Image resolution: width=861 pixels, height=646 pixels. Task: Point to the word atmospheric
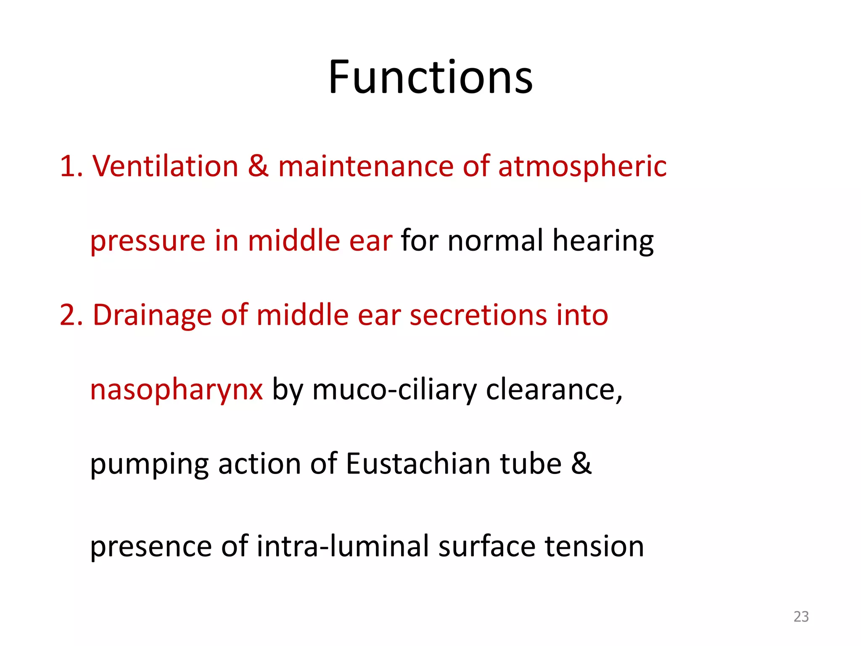pyautogui.click(x=582, y=167)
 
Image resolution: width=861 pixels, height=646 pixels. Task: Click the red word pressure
pyautogui.click(x=148, y=241)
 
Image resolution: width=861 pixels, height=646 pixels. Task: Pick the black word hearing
pyautogui.click(x=603, y=241)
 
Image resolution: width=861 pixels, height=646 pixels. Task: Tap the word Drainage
pyautogui.click(x=152, y=315)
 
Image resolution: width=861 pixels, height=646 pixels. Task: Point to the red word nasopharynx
pyautogui.click(x=177, y=390)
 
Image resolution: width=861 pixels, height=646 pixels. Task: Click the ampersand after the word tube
pyautogui.click(x=581, y=463)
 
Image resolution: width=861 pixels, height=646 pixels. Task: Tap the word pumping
pyautogui.click(x=149, y=464)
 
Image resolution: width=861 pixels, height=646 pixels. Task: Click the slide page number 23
pyautogui.click(x=801, y=617)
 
